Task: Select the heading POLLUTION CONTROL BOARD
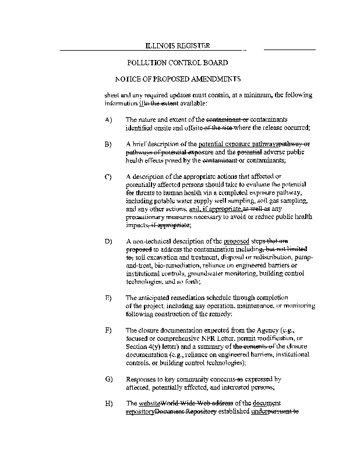point(177,62)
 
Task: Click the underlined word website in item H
point(149,403)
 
